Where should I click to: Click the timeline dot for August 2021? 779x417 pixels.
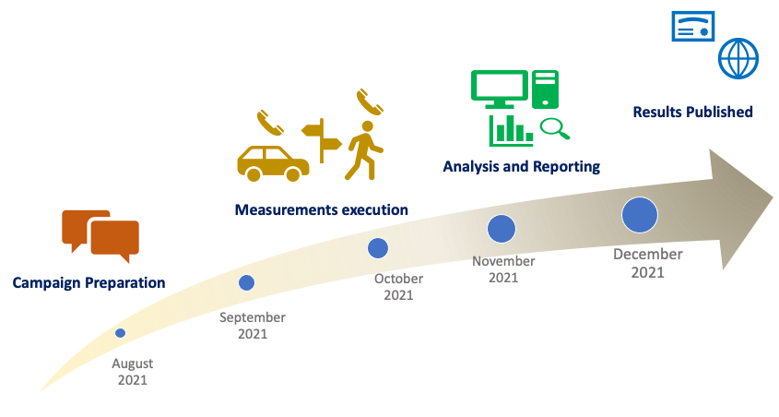121,333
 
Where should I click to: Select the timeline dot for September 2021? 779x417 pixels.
246,282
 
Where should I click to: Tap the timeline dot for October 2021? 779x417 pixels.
377,247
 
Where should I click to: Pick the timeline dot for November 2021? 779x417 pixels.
501,228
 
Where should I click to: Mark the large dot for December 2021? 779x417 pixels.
639,215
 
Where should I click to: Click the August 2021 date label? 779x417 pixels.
132,372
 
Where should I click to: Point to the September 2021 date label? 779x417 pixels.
252,326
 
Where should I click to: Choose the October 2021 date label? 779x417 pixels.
398,287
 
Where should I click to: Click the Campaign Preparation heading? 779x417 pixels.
89,282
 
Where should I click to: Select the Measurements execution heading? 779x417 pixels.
321,210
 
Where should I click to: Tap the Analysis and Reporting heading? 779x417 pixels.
521,167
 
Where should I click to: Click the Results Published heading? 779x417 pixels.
692,112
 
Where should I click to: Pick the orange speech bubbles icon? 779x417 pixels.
100,234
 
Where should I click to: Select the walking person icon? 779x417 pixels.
364,150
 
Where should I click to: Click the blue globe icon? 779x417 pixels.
738,58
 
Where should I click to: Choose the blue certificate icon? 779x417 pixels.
691,28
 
